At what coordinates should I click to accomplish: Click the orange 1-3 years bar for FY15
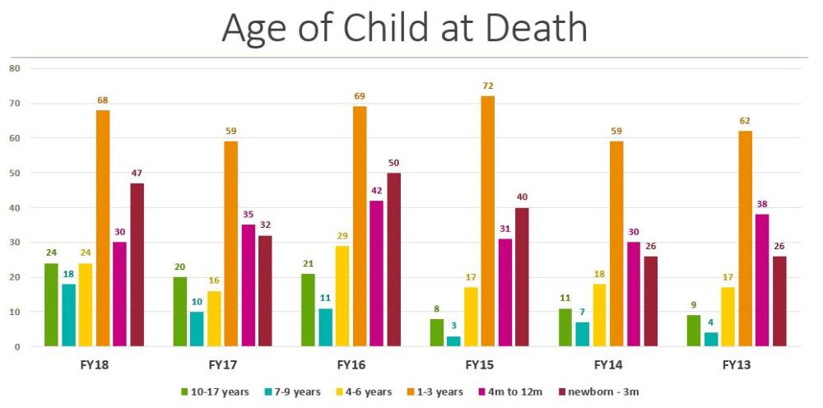pyautogui.click(x=488, y=221)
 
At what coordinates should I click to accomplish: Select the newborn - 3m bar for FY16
pyautogui.click(x=394, y=260)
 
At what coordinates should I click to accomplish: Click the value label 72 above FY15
pyautogui.click(x=488, y=86)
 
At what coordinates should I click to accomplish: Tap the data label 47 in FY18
pyautogui.click(x=137, y=174)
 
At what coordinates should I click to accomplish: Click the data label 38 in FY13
pyautogui.click(x=762, y=205)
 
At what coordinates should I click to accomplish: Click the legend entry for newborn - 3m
pyautogui.click(x=598, y=392)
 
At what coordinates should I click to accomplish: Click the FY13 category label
pyautogui.click(x=737, y=364)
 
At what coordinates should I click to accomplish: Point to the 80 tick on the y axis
pyautogui.click(x=14, y=68)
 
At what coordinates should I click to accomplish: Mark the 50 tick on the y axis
pyautogui.click(x=14, y=173)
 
